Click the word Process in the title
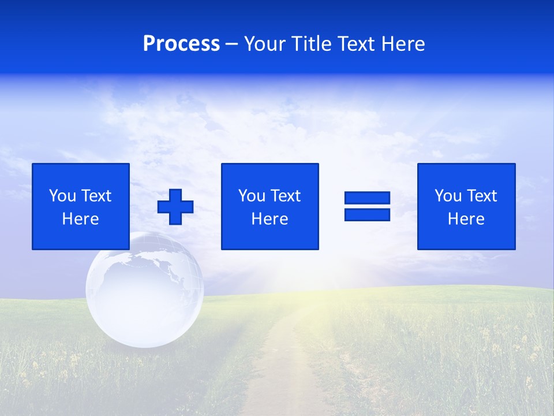coord(181,44)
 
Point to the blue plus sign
coord(175,206)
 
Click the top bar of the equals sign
coord(367,198)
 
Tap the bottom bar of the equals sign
coord(367,214)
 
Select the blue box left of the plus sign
coord(80,206)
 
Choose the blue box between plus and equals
coord(269,206)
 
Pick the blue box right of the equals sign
coord(466,206)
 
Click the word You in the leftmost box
coord(62,196)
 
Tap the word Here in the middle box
coord(269,219)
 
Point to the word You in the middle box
coord(252,196)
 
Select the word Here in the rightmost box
coord(466,219)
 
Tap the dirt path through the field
coord(277,370)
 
